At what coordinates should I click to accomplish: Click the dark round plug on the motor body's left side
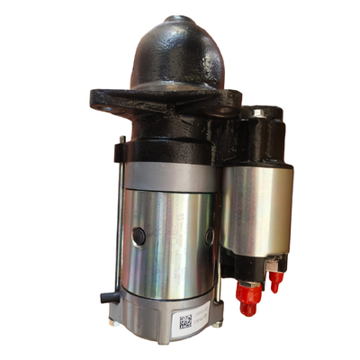pyautogui.click(x=139, y=235)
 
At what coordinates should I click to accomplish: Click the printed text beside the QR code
pyautogui.click(x=205, y=318)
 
